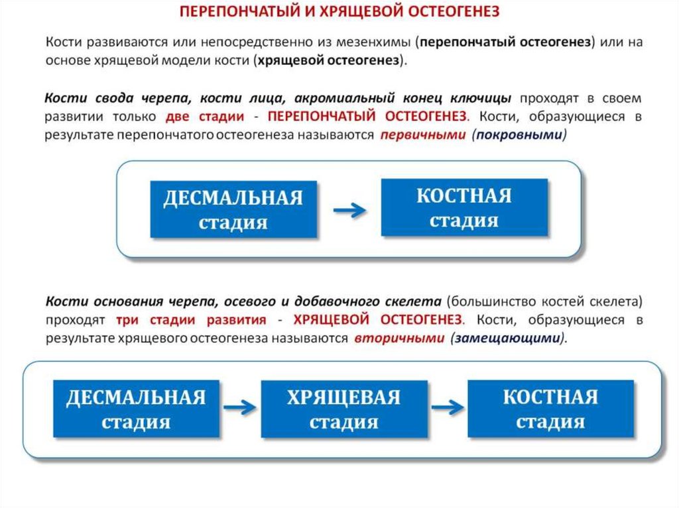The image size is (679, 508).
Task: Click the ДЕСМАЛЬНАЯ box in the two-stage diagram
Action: pyautogui.click(x=233, y=209)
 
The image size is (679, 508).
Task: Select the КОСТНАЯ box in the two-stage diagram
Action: pyautogui.click(x=464, y=207)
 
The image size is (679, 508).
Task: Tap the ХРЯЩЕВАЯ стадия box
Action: pyautogui.click(x=343, y=409)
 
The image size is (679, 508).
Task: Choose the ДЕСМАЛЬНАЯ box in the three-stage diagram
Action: pyautogui.click(x=136, y=409)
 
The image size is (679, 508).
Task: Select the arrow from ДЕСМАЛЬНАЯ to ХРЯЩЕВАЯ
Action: pyautogui.click(x=239, y=407)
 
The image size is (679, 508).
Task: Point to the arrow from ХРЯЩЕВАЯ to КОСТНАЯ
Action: pyautogui.click(x=448, y=407)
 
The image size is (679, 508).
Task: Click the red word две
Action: pyautogui.click(x=175, y=117)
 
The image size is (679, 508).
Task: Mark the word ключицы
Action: pyautogui.click(x=487, y=98)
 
